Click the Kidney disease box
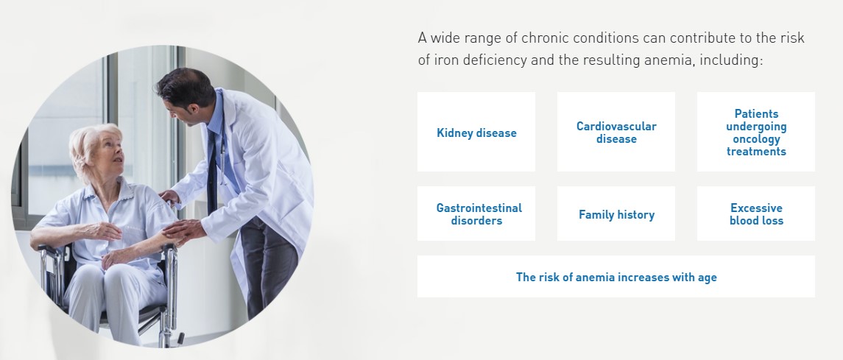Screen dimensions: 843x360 coord(476,132)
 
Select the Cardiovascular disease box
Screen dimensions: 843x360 coord(616,132)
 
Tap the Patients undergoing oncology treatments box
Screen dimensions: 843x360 coord(756,132)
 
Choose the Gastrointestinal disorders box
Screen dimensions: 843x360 coord(476,213)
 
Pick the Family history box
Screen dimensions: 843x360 coord(616,213)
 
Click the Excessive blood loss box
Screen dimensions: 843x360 coord(756,213)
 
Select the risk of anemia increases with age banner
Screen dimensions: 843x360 coord(616,276)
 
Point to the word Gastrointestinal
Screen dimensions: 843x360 coord(479,208)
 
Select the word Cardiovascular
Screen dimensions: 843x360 coord(616,127)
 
